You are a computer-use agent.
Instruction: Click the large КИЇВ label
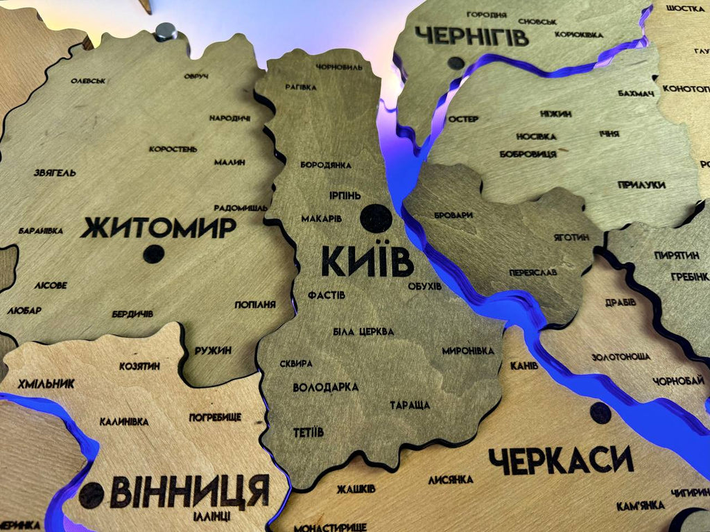[367, 262]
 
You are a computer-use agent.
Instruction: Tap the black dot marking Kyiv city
[376, 218]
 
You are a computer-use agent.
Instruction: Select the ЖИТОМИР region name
[158, 228]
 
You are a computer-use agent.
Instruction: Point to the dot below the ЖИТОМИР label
[153, 255]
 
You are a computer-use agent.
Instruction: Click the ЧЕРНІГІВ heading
[471, 35]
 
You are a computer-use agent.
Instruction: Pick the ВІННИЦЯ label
[189, 490]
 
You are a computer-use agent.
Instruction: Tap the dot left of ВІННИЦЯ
[91, 495]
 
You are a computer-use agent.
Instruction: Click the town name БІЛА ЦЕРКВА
[363, 332]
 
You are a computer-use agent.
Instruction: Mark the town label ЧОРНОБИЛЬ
[339, 67]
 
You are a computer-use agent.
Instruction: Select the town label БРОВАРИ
[453, 215]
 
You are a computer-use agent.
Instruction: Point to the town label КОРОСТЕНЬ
[173, 148]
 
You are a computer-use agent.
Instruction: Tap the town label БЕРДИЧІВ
[132, 314]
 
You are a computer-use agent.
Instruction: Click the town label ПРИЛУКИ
[641, 185]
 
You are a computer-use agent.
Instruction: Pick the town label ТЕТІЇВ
[308, 432]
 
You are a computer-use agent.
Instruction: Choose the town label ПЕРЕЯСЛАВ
[532, 273]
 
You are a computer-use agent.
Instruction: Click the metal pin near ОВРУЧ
[165, 31]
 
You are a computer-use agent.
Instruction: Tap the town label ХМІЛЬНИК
[46, 384]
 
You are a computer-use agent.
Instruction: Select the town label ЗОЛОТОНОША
[621, 357]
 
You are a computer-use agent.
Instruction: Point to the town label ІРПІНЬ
[345, 196]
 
